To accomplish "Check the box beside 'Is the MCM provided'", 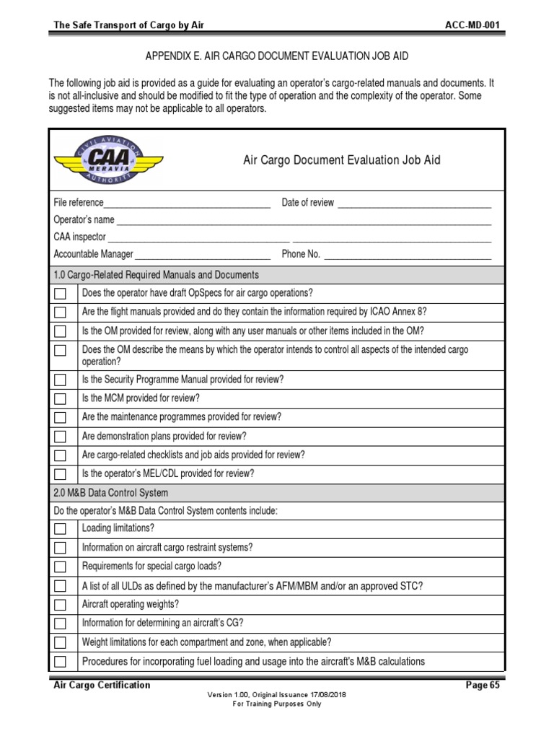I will [61, 398].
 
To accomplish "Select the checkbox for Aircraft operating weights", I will [61, 605].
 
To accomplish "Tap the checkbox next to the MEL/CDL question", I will [61, 474].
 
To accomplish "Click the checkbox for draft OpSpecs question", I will [61, 294].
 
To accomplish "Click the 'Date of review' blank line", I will [414, 204].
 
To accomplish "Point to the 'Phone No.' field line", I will [408, 255].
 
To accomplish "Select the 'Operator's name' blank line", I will [304, 221].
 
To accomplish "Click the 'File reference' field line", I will [187, 204].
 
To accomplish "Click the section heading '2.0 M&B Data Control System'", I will [111, 493].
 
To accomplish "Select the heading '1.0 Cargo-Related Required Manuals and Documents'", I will [157, 275].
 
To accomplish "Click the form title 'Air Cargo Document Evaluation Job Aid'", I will [341, 160].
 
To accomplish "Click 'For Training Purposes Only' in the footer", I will [276, 704].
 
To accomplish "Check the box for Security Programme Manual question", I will [61, 380].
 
